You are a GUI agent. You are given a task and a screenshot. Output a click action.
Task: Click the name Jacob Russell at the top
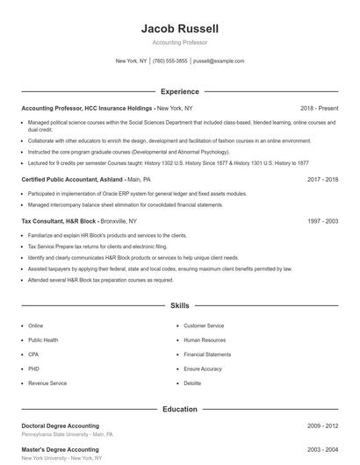tap(180, 29)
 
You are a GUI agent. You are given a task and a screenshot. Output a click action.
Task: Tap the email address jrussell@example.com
tap(218, 61)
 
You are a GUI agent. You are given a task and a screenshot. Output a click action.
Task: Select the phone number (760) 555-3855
tap(169, 61)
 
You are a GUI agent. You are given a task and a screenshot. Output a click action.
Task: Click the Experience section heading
tap(180, 91)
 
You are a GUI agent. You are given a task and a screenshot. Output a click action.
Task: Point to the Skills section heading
tap(180, 306)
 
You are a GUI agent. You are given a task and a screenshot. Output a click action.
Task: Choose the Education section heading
tap(180, 409)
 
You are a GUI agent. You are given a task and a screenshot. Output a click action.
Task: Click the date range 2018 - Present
tap(319, 108)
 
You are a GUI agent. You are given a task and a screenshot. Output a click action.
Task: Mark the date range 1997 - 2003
tap(323, 222)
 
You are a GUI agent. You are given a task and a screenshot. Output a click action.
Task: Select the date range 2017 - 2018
tap(323, 179)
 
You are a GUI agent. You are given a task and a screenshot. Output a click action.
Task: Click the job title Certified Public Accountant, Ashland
tap(73, 179)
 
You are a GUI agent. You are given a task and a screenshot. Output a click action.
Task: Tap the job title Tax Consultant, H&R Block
tap(59, 222)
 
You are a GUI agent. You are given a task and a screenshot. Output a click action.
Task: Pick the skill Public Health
tap(43, 340)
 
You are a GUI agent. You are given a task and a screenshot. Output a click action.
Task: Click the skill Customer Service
tap(204, 325)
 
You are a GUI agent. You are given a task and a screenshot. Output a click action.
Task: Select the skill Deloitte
tap(192, 383)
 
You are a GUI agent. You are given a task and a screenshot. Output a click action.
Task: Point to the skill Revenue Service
tap(47, 383)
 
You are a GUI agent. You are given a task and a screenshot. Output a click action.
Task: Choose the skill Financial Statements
tap(207, 354)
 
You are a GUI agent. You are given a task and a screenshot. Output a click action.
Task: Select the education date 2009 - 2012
tap(323, 426)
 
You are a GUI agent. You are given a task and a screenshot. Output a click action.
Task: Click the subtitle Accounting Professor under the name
tap(180, 42)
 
